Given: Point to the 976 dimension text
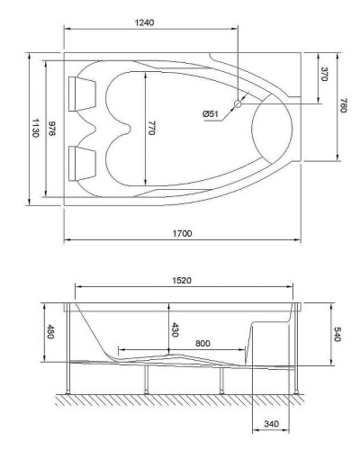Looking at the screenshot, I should (53, 129).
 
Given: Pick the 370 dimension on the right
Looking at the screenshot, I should (323, 75).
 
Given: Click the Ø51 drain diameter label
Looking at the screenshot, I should (211, 112).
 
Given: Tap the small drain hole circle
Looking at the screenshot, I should (238, 104).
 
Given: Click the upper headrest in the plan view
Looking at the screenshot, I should (79, 89).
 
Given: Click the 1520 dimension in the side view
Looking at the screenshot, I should (186, 281).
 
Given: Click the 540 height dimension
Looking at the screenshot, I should (337, 334).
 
